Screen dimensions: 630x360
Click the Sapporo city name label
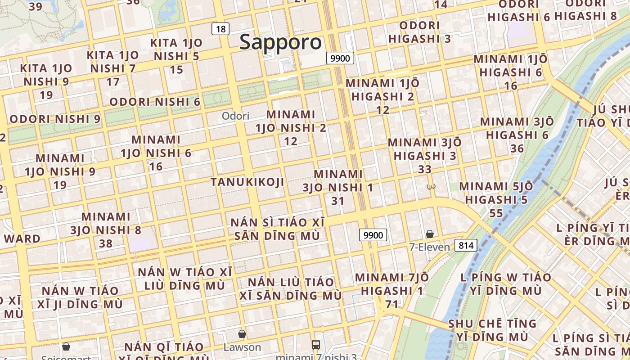280,42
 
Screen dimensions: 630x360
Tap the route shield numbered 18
220,29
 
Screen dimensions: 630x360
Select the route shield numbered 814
466,245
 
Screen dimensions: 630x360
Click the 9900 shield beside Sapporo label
340,58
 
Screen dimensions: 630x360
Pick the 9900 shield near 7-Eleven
373,235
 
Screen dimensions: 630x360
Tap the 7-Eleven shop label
429,247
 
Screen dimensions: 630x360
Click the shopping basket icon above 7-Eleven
430,234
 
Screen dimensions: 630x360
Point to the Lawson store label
242,347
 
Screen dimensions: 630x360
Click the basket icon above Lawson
242,334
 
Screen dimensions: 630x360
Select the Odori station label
235,116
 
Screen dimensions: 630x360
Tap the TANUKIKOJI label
247,182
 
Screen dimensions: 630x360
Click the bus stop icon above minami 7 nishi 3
316,345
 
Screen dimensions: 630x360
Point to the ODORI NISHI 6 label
155,102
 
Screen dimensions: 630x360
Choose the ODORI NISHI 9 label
55,120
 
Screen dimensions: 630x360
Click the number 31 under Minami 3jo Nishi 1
338,201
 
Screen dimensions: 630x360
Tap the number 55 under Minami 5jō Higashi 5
496,213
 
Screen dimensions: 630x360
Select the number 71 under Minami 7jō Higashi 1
392,305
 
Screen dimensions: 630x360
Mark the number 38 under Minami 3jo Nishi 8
106,243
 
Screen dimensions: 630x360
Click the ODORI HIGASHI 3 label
419,32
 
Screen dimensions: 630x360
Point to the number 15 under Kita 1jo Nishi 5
176,70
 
